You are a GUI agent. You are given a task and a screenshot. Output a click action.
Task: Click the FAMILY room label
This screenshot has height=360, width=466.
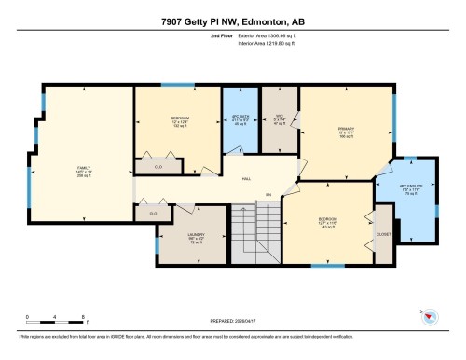point(82,169)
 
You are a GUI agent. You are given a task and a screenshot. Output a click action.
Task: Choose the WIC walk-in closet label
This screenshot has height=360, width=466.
point(279,118)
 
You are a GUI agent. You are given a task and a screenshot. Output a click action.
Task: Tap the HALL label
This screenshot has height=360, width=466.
point(246,177)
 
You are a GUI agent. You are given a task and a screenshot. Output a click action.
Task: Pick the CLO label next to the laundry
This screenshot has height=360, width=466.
point(152,214)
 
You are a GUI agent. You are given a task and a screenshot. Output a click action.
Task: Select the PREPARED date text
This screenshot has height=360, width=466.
point(232,324)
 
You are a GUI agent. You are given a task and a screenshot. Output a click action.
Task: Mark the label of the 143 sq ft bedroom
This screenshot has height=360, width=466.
point(327,225)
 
